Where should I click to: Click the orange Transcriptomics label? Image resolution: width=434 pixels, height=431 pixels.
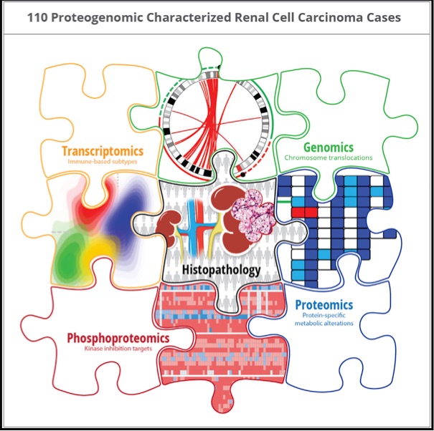tap(103, 151)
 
